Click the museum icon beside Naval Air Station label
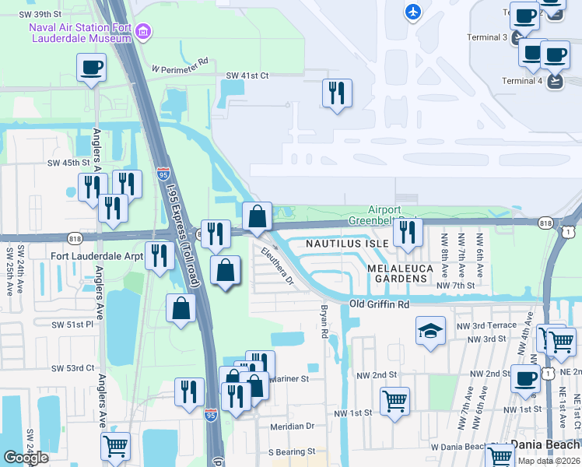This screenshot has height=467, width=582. point(142,31)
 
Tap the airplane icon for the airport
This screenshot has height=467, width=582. point(413,12)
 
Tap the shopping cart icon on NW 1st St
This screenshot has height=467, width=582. point(395,402)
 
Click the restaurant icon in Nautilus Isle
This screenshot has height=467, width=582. point(408,231)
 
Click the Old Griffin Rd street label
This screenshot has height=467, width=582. point(379,304)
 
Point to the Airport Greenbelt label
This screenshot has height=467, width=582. point(384,215)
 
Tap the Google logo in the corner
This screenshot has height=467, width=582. point(26,458)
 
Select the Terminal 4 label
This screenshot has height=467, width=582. point(522,81)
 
